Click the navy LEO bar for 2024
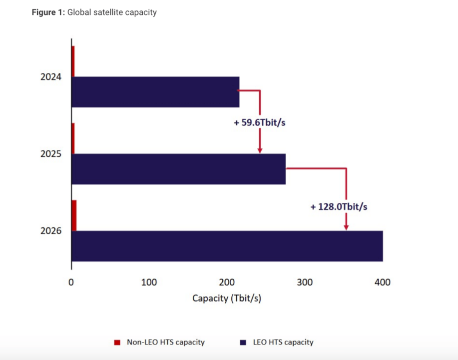click(155, 91)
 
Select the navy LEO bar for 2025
click(178, 169)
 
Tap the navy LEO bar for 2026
click(227, 246)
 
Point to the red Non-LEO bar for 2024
click(73, 61)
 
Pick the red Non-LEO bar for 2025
click(73, 138)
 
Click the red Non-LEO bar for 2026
click(74, 215)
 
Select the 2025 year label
click(51, 154)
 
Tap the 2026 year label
click(51, 231)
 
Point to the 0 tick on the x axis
click(71, 282)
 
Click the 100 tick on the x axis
click(149, 282)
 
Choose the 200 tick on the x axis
click(227, 282)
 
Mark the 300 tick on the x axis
click(305, 282)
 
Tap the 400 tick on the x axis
click(383, 282)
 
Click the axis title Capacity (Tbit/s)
click(227, 298)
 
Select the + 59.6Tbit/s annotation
click(259, 122)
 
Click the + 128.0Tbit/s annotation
click(339, 206)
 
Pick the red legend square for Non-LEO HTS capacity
click(117, 342)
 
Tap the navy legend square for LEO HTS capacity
click(243, 342)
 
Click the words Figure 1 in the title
click(47, 12)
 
